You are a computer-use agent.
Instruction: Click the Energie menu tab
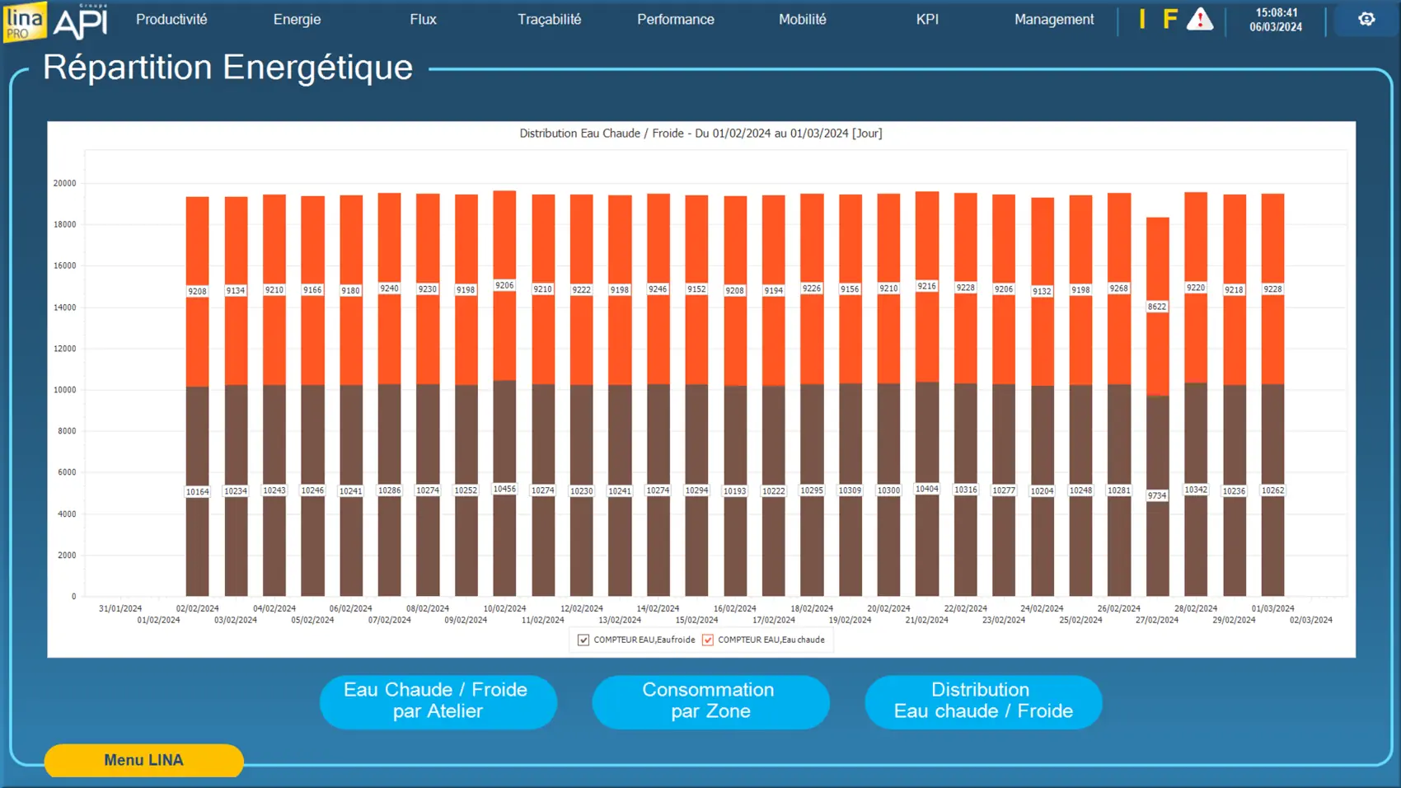[297, 20]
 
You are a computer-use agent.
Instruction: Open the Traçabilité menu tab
[549, 20]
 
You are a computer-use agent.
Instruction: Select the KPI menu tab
[927, 20]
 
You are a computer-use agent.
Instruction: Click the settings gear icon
[1366, 19]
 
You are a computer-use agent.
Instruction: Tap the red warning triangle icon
[1200, 20]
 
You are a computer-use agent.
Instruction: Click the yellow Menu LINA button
[143, 760]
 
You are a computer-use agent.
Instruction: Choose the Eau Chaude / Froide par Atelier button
[438, 701]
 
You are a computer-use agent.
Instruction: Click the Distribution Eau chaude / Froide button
[983, 701]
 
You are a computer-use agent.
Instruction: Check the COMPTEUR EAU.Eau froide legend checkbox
[583, 640]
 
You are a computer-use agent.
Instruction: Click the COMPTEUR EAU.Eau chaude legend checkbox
[708, 640]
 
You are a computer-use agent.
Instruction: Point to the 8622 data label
[1157, 307]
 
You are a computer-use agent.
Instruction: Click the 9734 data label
[1157, 495]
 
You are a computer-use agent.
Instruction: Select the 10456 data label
[504, 489]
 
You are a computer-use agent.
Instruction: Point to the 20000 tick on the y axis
[64, 183]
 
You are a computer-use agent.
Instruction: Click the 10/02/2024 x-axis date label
[504, 608]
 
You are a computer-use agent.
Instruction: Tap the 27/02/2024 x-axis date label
[1157, 620]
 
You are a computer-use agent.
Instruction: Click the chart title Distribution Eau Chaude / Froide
[700, 134]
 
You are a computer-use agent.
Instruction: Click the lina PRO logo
[24, 21]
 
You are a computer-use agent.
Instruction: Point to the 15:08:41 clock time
[1276, 12]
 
